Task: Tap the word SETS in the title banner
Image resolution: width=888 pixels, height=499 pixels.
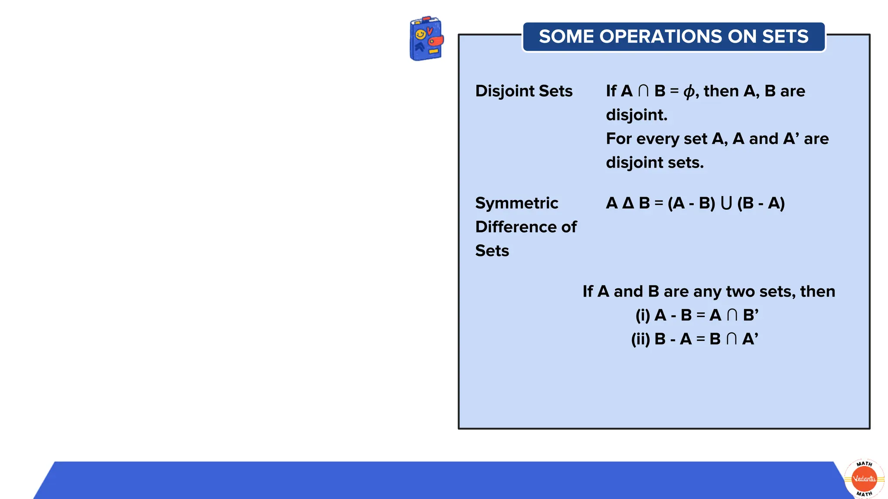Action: [x=785, y=36]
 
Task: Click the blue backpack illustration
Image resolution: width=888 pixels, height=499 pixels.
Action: [x=426, y=39]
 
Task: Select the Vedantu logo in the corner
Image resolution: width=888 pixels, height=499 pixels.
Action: [x=864, y=479]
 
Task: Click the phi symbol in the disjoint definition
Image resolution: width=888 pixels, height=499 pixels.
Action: [x=689, y=91]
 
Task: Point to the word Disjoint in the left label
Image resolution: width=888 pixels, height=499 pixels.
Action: [x=505, y=91]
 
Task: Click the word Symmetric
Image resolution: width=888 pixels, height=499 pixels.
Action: [x=516, y=203]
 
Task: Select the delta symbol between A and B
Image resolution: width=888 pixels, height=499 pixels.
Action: [x=628, y=203]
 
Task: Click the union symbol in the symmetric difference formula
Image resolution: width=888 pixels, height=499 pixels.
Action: [x=726, y=203]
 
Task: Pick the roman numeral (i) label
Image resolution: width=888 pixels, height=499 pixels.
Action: [x=643, y=315]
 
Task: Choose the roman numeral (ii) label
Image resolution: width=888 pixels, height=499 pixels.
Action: [x=640, y=339]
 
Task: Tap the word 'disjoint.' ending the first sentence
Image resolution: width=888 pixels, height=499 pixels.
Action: [x=637, y=115]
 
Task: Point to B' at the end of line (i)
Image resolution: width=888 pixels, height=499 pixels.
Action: [x=751, y=315]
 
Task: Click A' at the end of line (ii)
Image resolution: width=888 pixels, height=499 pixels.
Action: [x=750, y=339]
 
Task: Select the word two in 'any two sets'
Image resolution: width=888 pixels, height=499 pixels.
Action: [x=740, y=292]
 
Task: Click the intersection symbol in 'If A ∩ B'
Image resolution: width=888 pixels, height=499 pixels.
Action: [x=643, y=91]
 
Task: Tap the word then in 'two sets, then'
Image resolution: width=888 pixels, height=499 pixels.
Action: [x=817, y=292]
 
